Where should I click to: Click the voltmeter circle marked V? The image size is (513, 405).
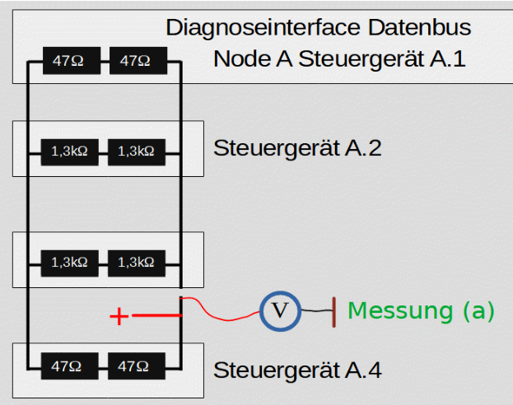(281, 310)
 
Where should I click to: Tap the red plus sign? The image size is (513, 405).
(119, 316)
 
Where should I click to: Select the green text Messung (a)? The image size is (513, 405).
(421, 310)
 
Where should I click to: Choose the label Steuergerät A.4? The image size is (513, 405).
(297, 370)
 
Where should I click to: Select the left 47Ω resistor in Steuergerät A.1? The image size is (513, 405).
(69, 60)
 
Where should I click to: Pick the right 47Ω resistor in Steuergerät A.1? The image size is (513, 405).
(137, 60)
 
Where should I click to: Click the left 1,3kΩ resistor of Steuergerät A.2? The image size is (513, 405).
(69, 151)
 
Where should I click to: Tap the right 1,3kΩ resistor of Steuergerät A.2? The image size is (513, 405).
(137, 151)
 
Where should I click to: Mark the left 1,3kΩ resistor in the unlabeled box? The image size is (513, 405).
(69, 263)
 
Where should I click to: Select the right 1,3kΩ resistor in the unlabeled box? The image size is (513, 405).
(137, 263)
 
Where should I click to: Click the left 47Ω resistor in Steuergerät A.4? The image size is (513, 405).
(69, 364)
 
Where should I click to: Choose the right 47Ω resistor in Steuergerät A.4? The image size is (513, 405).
(137, 364)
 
